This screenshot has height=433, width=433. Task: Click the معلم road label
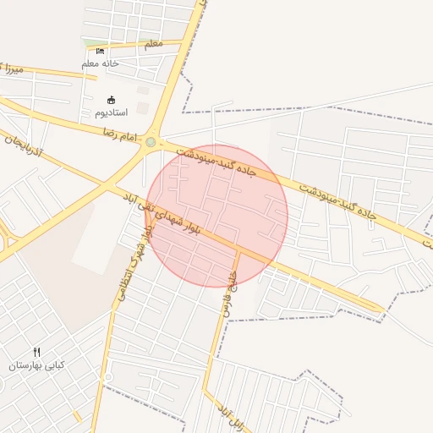154,43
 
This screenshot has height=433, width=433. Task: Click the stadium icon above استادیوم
111,100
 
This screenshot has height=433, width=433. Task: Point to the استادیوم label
111,112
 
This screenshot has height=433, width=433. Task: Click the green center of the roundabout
151,142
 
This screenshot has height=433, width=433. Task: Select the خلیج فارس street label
230,291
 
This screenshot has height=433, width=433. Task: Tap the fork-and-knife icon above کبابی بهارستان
36,352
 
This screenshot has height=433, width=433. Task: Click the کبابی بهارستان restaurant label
36,365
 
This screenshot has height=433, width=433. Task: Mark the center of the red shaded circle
217,216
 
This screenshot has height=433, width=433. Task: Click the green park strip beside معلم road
96,43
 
